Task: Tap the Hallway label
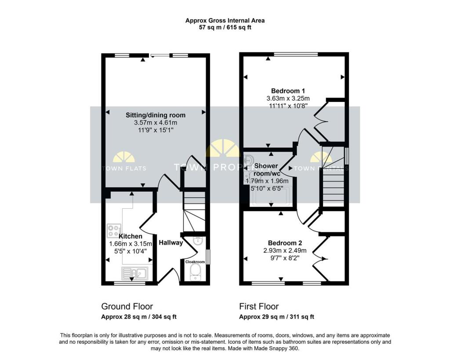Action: pyautogui.click(x=171, y=243)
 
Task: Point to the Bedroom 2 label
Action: pyautogui.click(x=285, y=243)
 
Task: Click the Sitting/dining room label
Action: pyautogui.click(x=156, y=115)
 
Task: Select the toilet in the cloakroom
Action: pyautogui.click(x=195, y=273)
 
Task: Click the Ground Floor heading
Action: pyautogui.click(x=127, y=306)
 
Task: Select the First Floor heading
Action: pyautogui.click(x=259, y=306)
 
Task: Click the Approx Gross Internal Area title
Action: pyautogui.click(x=225, y=20)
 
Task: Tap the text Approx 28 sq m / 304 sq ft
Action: pyautogui.click(x=139, y=317)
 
